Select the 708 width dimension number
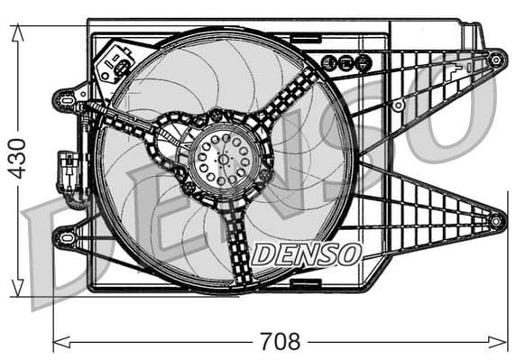279,342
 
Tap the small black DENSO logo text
306,254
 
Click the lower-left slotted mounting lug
64,237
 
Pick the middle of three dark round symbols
346,62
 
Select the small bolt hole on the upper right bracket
398,106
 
